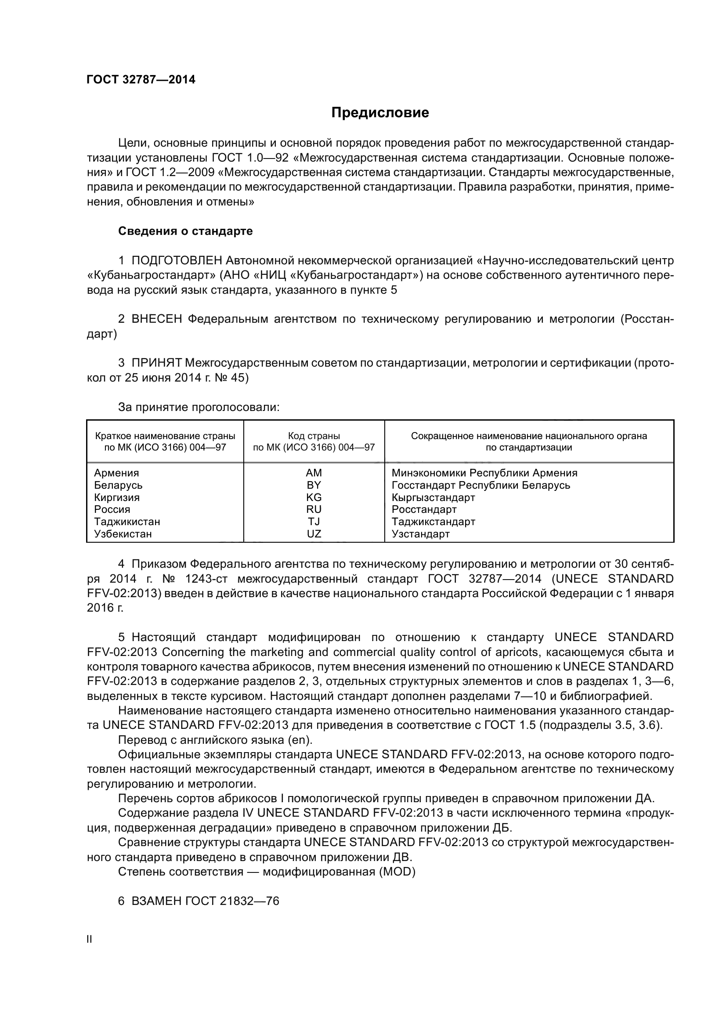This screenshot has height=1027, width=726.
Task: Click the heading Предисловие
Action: tap(380, 112)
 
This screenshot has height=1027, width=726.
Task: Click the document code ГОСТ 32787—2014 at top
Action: tap(141, 79)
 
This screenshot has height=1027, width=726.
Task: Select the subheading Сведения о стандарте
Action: tap(185, 231)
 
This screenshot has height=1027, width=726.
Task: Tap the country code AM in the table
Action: tap(314, 473)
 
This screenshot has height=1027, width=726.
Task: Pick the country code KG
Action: tap(314, 497)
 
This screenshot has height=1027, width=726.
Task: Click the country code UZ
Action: tap(314, 533)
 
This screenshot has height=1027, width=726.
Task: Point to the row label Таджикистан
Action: tap(127, 522)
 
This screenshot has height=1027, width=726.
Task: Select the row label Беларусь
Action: tap(118, 485)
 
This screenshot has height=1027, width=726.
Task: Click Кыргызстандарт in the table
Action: tap(433, 497)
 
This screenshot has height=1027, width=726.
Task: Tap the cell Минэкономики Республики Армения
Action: tap(484, 473)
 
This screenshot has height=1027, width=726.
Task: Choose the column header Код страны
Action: tap(314, 436)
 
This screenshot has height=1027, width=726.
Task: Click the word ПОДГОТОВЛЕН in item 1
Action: tap(177, 260)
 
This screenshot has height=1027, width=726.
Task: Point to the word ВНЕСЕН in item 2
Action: tap(156, 319)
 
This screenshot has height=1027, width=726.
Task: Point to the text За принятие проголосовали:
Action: tap(199, 407)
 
